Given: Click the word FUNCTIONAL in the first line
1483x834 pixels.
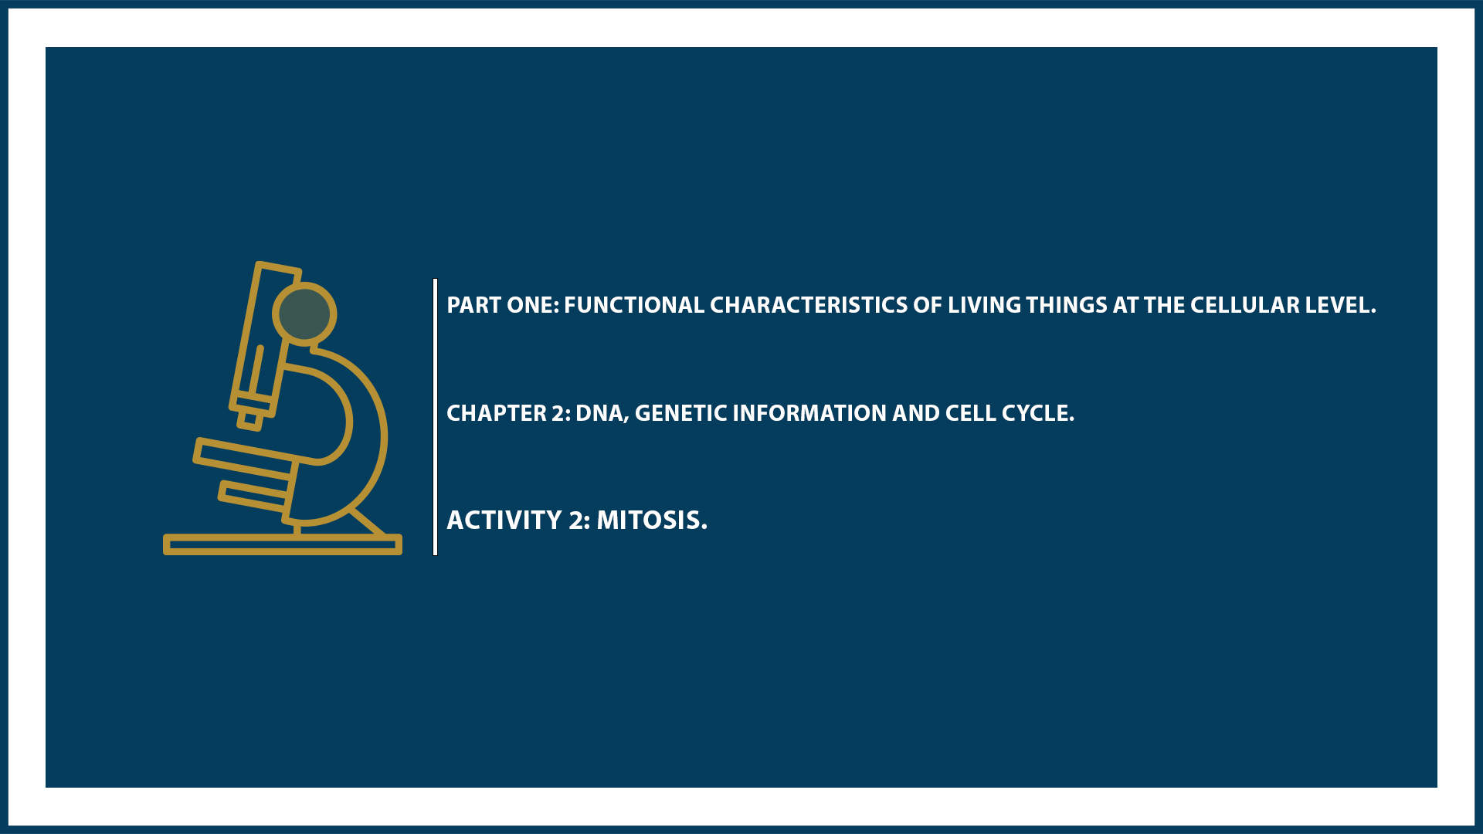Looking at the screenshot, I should click(633, 305).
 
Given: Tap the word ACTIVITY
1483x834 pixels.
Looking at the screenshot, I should click(504, 520).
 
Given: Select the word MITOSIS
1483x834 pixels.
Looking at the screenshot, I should click(651, 520).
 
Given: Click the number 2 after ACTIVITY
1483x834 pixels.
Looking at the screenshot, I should click(579, 520).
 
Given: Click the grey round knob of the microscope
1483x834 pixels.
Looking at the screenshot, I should click(304, 314).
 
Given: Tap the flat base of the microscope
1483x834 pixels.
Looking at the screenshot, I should click(282, 545).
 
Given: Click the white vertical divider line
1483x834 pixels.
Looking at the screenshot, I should click(436, 417).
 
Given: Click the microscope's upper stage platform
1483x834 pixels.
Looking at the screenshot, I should click(243, 456).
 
